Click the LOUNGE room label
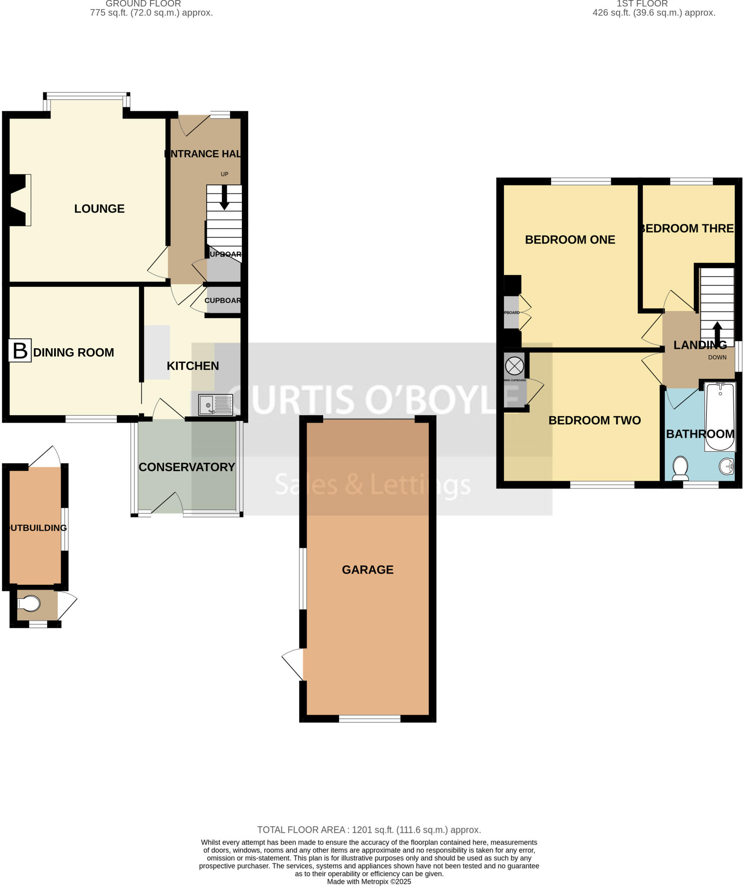[99, 209]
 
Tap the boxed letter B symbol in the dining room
[20, 350]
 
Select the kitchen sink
[215, 405]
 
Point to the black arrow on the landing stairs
[717, 332]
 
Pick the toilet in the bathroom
[681, 468]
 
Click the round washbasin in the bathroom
[727, 466]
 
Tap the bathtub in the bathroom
[720, 415]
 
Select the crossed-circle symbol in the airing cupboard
[514, 366]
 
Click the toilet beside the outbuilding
[29, 604]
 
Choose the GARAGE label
[368, 570]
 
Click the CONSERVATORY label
[186, 467]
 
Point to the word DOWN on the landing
[717, 357]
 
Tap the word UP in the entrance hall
[224, 174]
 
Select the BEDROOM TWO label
[594, 421]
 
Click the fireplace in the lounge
[19, 200]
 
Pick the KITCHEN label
[192, 366]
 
